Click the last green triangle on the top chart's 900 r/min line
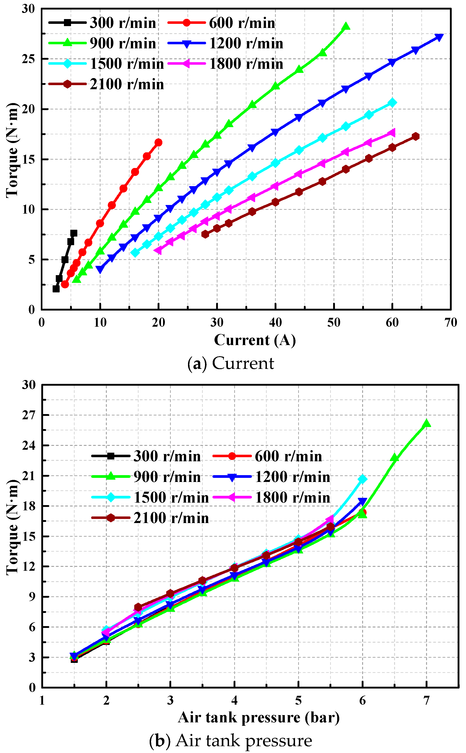click(346, 26)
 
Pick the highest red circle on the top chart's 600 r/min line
click(159, 142)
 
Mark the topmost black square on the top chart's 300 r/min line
click(74, 233)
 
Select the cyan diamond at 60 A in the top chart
click(392, 102)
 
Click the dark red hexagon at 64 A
click(415, 136)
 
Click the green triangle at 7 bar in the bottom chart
click(427, 423)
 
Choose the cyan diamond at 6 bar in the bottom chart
click(362, 479)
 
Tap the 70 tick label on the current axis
click(450, 322)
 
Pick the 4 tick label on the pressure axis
click(234, 701)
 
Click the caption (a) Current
click(231, 363)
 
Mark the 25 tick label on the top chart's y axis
click(28, 59)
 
